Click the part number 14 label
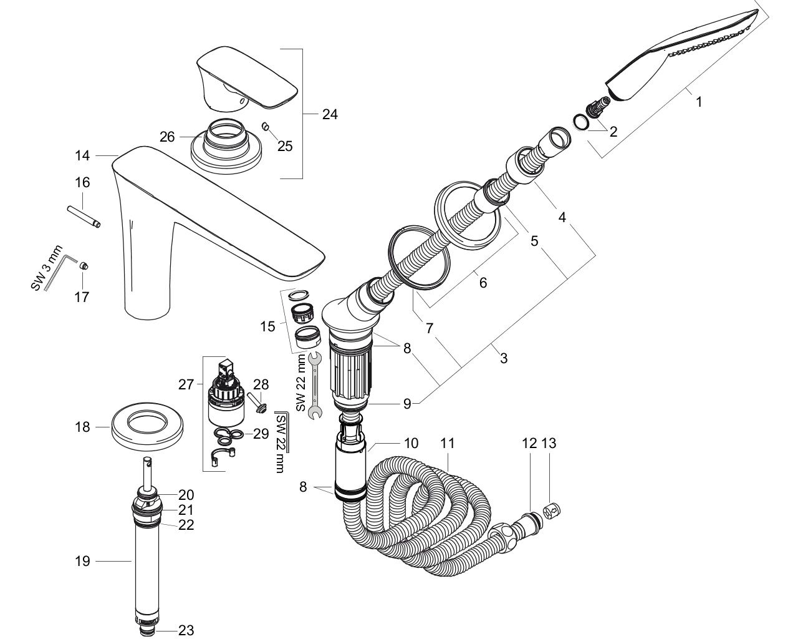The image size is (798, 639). [x=83, y=155]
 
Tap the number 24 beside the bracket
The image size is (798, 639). [x=330, y=114]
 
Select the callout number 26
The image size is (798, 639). [x=167, y=136]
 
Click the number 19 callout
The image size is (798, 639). [x=82, y=561]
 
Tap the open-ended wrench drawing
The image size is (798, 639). [x=314, y=384]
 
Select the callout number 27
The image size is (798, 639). [x=186, y=384]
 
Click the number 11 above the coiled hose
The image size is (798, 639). [x=448, y=444]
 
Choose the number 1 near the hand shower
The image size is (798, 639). [x=699, y=101]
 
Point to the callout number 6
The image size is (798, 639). [x=483, y=282]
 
